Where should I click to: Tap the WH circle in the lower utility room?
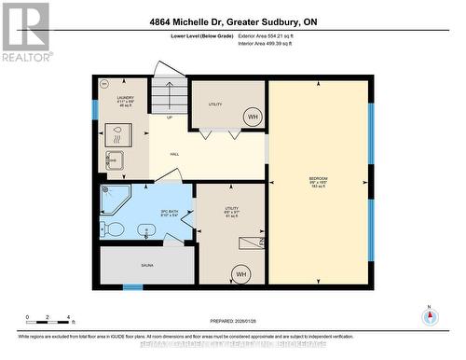pyautogui.click(x=240, y=274)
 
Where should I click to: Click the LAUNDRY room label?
pyautogui.click(x=125, y=100)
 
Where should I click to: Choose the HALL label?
pyautogui.click(x=174, y=154)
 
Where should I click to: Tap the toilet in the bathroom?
pyautogui.click(x=113, y=228)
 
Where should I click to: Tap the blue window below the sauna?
pyautogui.click(x=133, y=286)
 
